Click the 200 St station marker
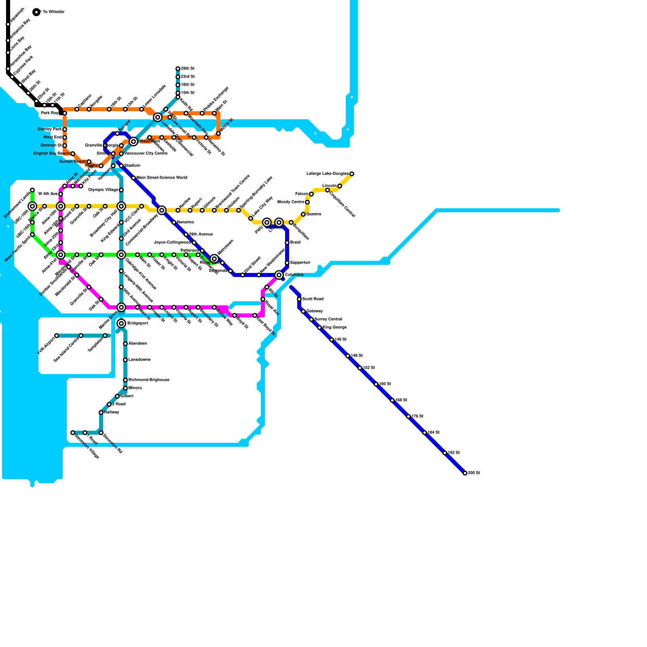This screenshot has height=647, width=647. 465,473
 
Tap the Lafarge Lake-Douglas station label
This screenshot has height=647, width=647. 327,174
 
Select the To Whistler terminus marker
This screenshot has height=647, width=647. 36,12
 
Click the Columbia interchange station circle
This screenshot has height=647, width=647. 279,275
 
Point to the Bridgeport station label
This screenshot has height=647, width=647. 137,323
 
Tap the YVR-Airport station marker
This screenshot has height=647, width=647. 57,336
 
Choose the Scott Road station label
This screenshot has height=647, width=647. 313,299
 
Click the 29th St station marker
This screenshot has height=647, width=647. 178,69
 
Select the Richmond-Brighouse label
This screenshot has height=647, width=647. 149,380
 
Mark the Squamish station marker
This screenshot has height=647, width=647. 8,24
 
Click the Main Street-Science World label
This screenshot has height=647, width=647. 162,178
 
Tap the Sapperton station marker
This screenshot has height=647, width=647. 287,263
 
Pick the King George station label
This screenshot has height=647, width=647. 334,328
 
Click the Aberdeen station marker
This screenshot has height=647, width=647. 125,344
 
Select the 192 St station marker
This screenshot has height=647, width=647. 445,453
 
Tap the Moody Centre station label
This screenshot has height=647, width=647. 291,202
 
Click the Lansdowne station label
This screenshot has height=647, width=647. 140,360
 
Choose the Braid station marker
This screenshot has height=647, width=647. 287,243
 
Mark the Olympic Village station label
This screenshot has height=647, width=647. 103,190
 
